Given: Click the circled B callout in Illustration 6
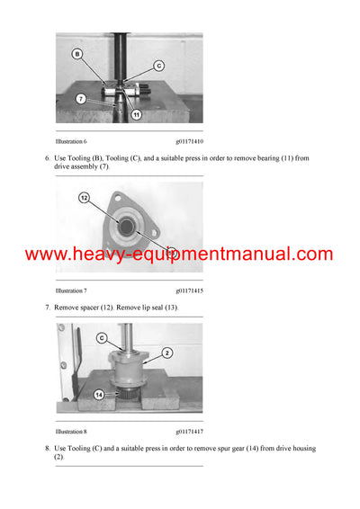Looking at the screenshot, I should [77, 54].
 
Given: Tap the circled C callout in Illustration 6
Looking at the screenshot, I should [158, 65].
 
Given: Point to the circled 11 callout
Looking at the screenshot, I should [136, 115].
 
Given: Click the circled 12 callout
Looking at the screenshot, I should [85, 197].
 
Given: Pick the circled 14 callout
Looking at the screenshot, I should [98, 392].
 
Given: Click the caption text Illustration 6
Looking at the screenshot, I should [71, 141].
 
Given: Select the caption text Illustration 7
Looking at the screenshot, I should [71, 291].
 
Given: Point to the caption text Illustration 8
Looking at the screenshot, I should [71, 432].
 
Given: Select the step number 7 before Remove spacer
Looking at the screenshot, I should [46, 308].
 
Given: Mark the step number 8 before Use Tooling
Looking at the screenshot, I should [46, 448].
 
